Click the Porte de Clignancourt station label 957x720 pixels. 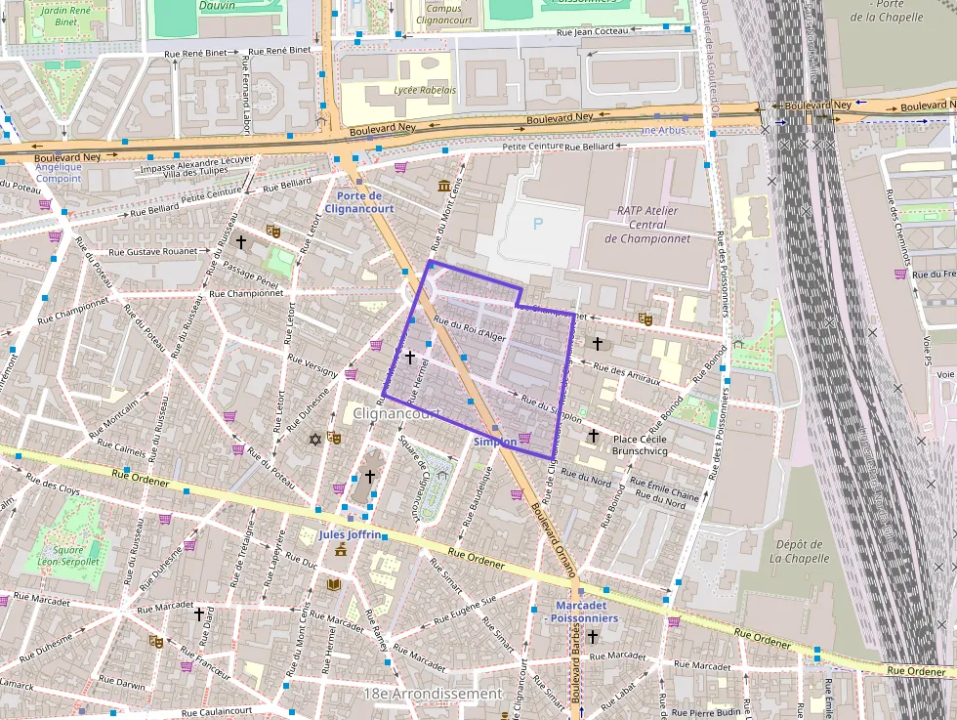click(x=359, y=202)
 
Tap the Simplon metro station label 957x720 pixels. click(x=495, y=442)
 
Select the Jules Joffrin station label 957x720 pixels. click(x=350, y=535)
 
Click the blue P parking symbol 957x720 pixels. click(x=537, y=224)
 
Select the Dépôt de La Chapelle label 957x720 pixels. click(x=799, y=552)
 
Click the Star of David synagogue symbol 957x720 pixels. click(x=314, y=440)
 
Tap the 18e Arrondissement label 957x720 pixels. click(x=433, y=694)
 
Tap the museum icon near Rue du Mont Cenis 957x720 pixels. click(x=444, y=186)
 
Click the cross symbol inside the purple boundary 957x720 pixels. click(x=410, y=359)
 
